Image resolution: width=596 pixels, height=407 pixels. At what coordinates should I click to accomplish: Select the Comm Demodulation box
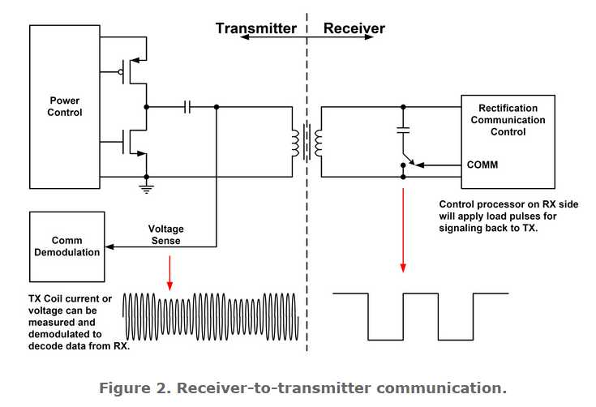(66, 246)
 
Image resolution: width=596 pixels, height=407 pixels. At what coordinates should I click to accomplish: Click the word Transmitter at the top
(255, 28)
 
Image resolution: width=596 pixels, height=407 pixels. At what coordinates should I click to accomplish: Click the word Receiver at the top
(354, 28)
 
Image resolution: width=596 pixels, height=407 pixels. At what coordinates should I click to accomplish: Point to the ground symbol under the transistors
(146, 188)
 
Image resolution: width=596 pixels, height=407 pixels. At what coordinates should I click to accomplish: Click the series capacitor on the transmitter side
(188, 106)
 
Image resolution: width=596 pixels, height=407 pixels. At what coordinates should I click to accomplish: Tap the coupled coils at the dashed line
(307, 141)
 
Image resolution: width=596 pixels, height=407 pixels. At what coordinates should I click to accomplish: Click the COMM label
(482, 165)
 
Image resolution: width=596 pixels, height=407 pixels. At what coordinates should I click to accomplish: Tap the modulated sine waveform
(211, 315)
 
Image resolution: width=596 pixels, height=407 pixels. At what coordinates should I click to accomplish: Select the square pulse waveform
(421, 315)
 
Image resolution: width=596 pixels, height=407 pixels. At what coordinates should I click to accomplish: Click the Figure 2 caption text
(302, 388)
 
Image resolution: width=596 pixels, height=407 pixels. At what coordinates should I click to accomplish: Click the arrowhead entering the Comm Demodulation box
(110, 246)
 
